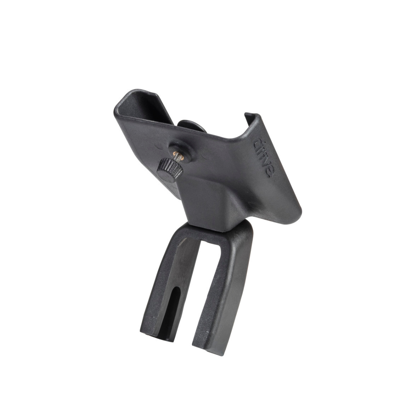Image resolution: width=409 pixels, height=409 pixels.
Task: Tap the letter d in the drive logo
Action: tap(258, 143)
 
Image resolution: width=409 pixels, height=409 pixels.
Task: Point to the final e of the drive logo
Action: tap(269, 172)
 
